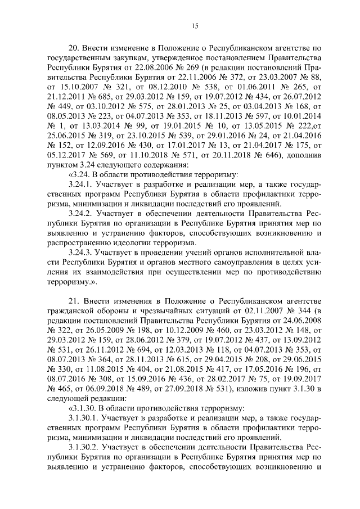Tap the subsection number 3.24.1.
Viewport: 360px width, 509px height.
pos(80,184)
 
